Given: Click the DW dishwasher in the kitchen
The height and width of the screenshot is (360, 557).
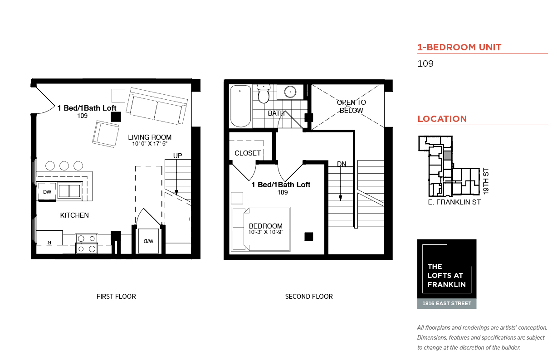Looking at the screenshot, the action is pos(47,192).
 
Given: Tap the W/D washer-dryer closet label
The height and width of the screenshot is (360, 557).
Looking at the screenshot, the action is pos(148,241).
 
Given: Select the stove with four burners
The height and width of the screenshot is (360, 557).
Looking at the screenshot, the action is pos(87,243).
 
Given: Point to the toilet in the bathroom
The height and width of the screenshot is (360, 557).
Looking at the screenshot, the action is pos(264,93).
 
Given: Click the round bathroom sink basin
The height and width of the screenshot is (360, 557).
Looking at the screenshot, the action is pos(290,92).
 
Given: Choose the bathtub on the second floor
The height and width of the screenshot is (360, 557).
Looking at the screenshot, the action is pos(240,107).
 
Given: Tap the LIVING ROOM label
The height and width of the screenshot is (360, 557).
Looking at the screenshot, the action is pos(150,137).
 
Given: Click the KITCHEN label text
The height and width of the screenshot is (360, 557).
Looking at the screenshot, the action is pos(74,215).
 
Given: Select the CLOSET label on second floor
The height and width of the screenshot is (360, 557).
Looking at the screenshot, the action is pos(248,153).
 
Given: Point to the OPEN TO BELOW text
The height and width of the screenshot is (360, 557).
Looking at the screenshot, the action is pos(352,106).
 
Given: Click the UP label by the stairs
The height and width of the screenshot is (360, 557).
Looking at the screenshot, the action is pos(177,156).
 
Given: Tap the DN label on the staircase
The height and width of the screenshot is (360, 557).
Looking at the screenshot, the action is pos(342,164).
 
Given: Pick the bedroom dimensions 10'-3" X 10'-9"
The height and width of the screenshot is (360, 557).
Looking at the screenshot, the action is pos(265,232).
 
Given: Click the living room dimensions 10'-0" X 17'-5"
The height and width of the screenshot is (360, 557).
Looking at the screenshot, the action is pos(150,144).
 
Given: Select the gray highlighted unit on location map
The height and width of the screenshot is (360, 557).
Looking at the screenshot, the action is pos(448,156).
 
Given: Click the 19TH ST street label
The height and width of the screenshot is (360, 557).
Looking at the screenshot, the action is pos(486,181).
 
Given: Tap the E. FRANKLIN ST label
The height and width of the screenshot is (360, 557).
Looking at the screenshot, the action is pos(454,202).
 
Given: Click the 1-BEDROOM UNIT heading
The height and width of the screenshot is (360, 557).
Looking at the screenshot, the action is pos(459,47).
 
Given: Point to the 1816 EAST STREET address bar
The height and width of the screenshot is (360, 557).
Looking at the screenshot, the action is pos(447,303).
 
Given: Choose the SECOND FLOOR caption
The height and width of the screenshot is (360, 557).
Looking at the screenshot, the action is pos(309,297).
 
